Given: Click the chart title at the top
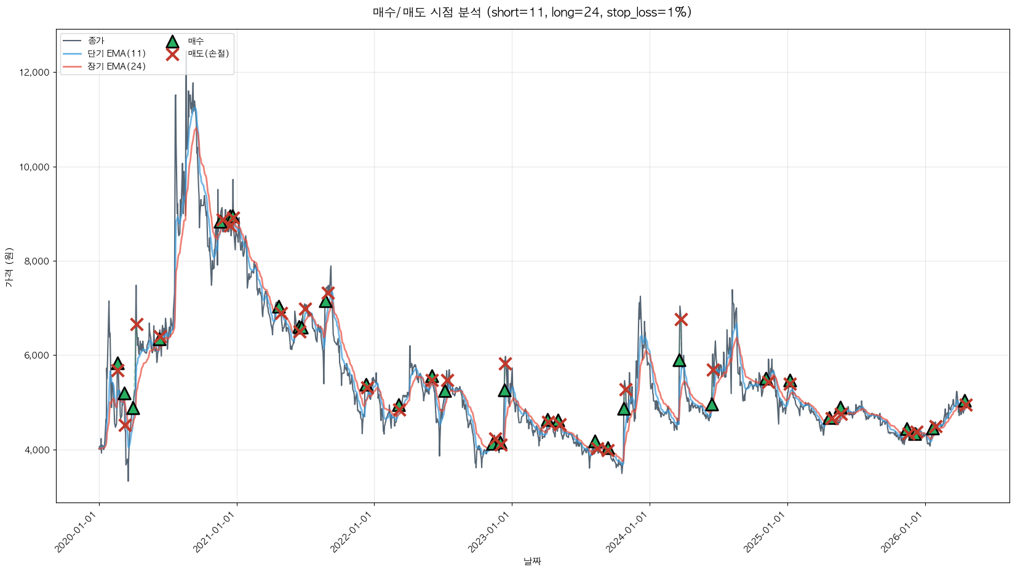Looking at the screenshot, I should pos(532,12).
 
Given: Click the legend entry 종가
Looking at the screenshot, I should pos(96,41).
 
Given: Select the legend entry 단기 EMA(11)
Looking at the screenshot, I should pos(116,54).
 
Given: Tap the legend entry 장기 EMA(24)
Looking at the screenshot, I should pos(116,66).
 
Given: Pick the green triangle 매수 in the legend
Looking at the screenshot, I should pos(172,41).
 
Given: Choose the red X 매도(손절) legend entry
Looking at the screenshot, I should pos(173,54).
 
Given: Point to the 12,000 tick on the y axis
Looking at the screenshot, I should pos(34,73).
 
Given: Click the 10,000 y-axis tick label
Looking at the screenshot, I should pos(34,167).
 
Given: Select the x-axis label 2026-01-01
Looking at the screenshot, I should pos(905,533).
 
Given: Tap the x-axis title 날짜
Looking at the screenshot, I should pos(532,561).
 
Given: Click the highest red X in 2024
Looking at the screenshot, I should pos(680,319).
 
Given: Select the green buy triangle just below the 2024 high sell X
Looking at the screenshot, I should pos(679,360).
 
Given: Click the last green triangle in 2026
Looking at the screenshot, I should pos(965,400).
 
